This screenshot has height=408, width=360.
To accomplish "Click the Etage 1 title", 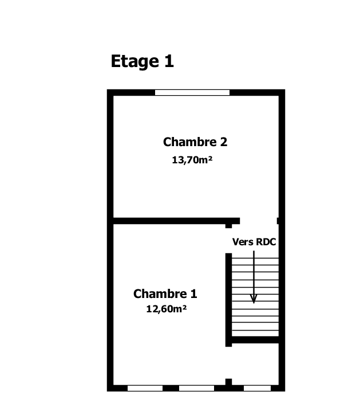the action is point(142,61).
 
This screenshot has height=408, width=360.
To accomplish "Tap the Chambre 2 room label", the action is point(195,142).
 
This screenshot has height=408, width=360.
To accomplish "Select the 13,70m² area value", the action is point(192,160).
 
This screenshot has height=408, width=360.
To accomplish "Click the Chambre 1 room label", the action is point(165,294).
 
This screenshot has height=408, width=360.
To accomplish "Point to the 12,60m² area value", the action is point(167,309).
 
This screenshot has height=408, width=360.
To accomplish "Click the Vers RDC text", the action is point(254,242).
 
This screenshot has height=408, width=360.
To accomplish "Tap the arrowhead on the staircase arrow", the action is point(254,299).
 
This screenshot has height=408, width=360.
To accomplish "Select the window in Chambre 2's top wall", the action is point(192,93).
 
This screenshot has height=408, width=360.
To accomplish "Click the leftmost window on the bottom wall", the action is point(145,388).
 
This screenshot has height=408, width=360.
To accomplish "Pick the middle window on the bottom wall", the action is point(196,388).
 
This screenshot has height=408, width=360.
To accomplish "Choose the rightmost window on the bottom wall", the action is point(257,388).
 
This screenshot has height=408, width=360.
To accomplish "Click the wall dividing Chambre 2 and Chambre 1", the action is point(176,221).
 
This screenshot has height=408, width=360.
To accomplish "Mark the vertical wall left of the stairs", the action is point(228,300).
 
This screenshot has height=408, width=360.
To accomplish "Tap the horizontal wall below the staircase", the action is point(255,340).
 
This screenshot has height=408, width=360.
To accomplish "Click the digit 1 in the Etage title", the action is point(169,61).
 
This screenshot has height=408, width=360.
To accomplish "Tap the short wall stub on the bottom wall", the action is point(228,382).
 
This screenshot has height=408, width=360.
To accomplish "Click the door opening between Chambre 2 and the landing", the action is point(258,221).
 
